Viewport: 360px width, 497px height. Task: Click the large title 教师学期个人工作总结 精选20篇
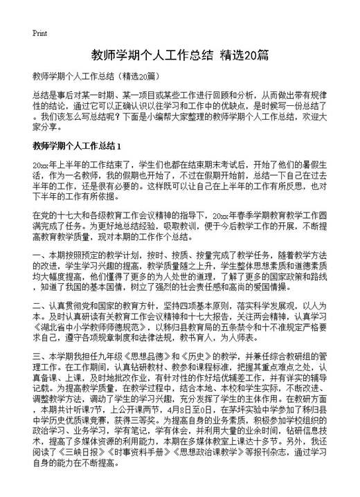pyautogui.click(x=179, y=55)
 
